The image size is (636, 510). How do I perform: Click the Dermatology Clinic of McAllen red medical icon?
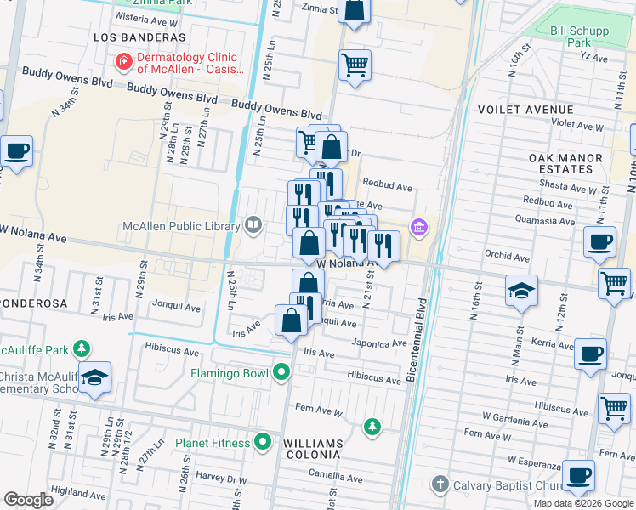(x=123, y=61)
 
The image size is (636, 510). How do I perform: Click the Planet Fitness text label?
(x=213, y=443)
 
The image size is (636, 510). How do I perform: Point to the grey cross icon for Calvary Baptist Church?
(x=440, y=484)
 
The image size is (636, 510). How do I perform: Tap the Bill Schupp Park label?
(x=580, y=37)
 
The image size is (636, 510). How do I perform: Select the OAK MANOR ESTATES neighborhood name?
(x=565, y=164)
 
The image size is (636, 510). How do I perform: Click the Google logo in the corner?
(x=28, y=500)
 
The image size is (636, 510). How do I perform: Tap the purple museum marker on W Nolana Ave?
(x=417, y=227)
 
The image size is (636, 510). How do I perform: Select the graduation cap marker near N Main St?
(x=521, y=292)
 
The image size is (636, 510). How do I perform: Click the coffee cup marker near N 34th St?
(x=17, y=152)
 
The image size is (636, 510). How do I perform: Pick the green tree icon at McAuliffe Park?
(x=81, y=348)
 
